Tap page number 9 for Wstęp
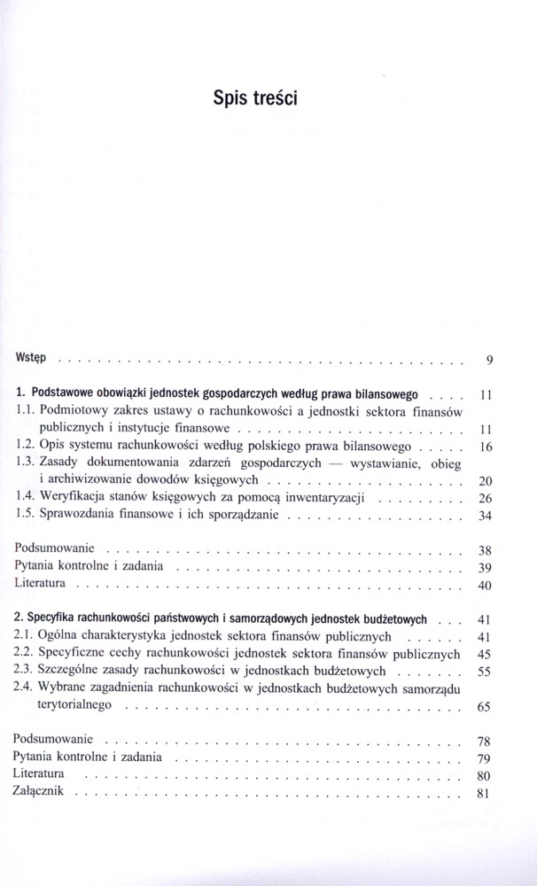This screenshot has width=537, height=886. click(x=489, y=360)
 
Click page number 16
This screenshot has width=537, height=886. click(x=485, y=447)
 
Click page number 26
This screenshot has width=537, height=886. click(x=485, y=499)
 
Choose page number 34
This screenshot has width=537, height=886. click(x=485, y=517)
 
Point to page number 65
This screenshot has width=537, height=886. click(x=485, y=707)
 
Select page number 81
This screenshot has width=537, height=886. click(x=485, y=793)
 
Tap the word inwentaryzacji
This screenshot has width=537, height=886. click(x=328, y=498)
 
